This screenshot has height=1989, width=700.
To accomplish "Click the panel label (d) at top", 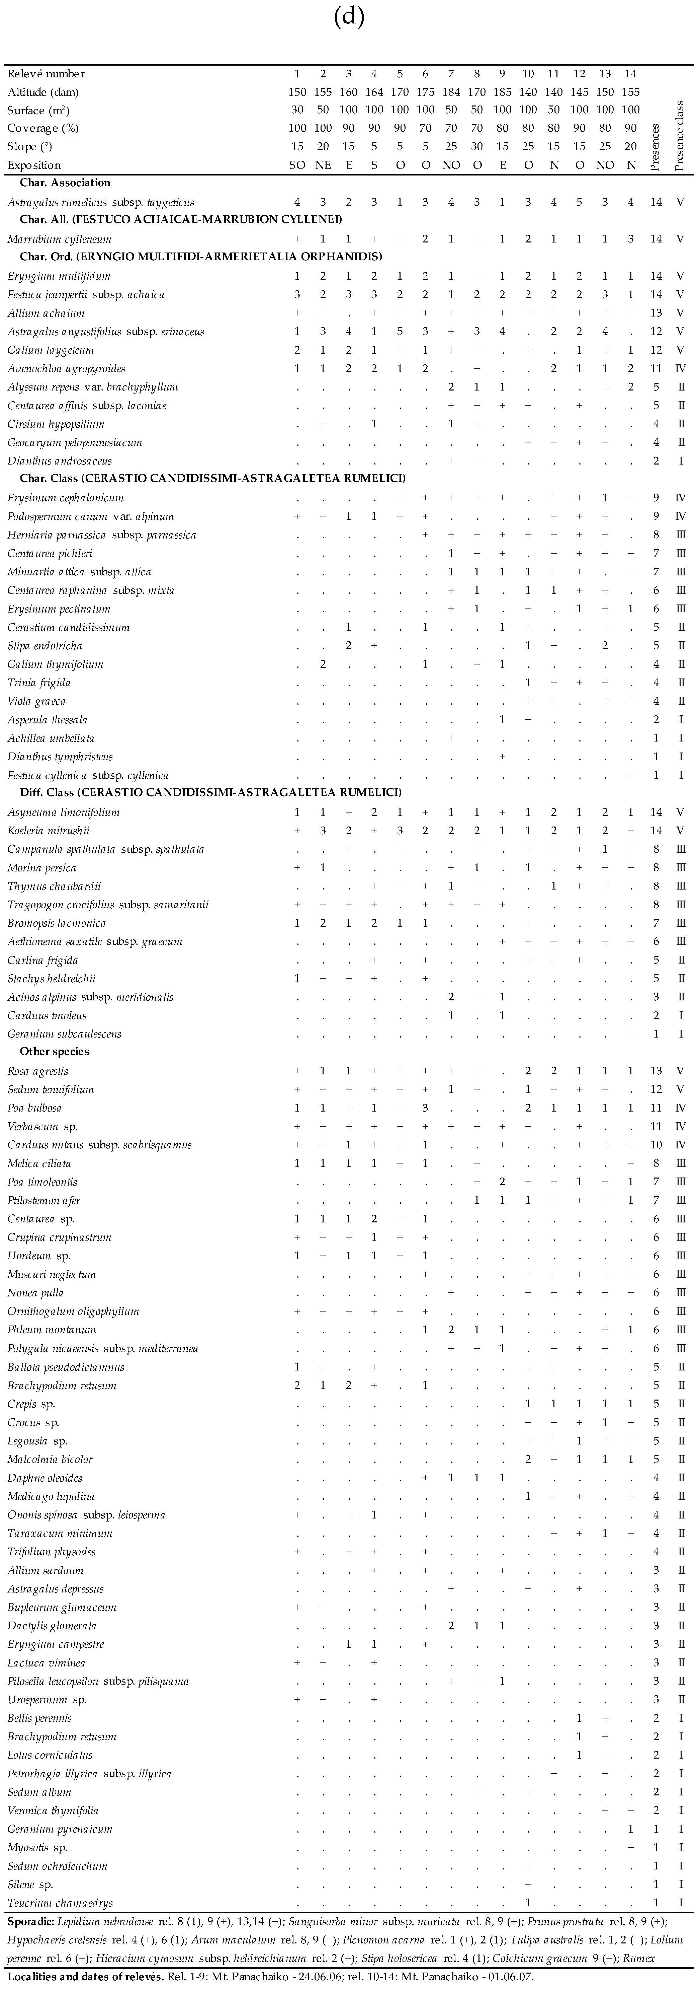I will (350, 17).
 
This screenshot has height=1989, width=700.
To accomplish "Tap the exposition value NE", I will (323, 164).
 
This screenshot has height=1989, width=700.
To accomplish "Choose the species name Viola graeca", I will (36, 701).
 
